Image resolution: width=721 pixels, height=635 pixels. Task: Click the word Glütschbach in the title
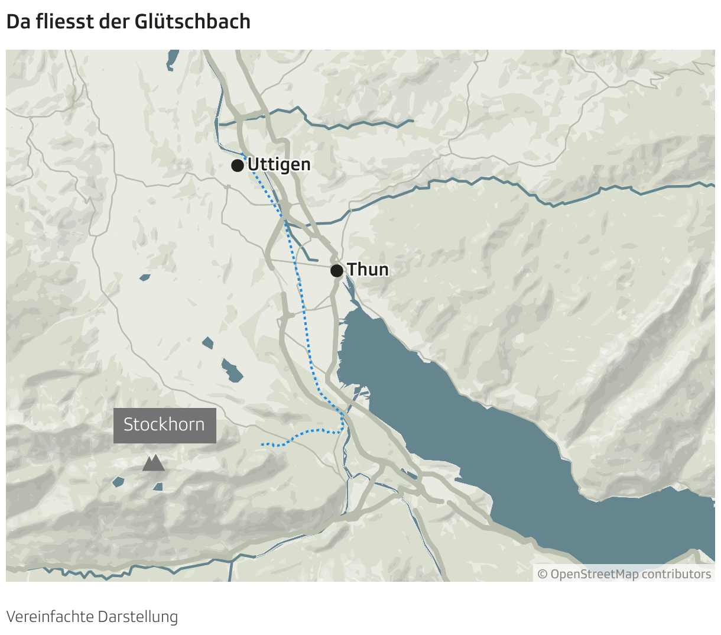(193, 22)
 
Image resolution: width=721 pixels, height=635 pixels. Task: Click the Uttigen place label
(279, 164)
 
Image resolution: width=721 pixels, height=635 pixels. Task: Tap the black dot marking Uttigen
(237, 165)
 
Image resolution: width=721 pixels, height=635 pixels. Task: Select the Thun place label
(368, 270)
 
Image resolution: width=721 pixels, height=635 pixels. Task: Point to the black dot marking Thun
(336, 271)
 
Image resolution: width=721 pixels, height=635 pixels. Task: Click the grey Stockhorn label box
(164, 425)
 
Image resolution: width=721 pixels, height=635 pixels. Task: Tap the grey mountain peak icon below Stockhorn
(153, 462)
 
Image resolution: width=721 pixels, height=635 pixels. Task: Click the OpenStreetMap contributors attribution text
(631, 574)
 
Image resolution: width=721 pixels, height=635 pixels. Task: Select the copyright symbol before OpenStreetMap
(543, 574)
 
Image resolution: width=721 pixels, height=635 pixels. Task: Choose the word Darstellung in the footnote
(138, 617)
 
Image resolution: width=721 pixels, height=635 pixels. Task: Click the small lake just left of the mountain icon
(118, 482)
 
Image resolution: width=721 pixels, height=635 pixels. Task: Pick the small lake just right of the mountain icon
(158, 487)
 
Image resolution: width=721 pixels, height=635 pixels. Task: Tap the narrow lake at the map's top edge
(173, 58)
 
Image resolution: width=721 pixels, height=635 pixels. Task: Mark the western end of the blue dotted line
(262, 443)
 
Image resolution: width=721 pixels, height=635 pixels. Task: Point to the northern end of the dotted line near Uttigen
(242, 155)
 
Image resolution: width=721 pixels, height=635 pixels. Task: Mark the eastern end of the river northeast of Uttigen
(412, 121)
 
